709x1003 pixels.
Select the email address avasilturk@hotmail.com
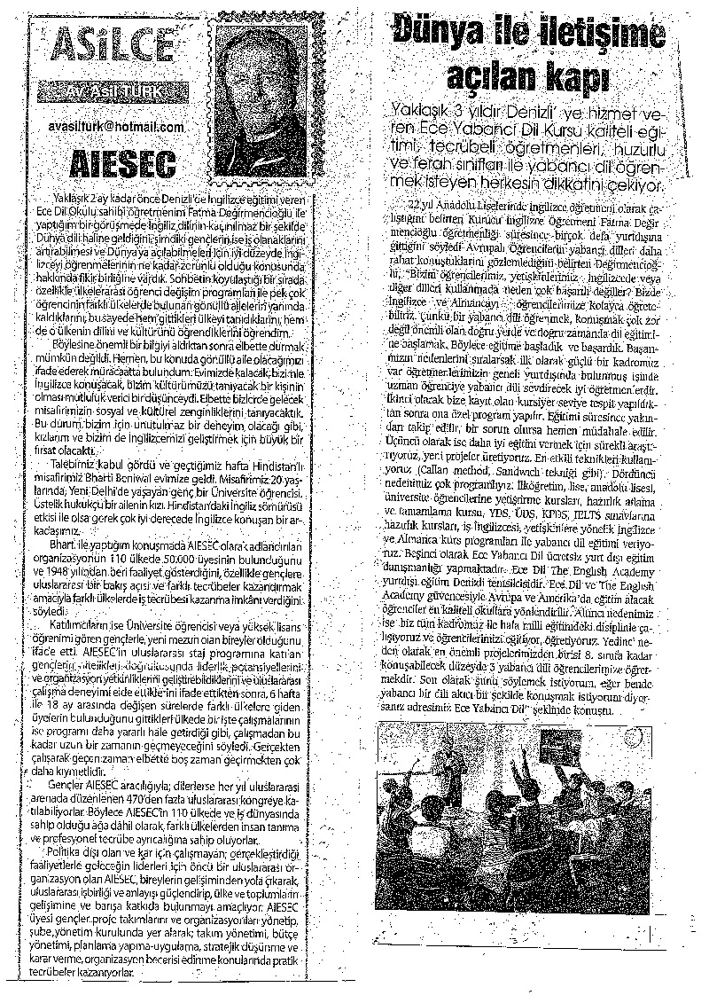(x=115, y=127)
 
